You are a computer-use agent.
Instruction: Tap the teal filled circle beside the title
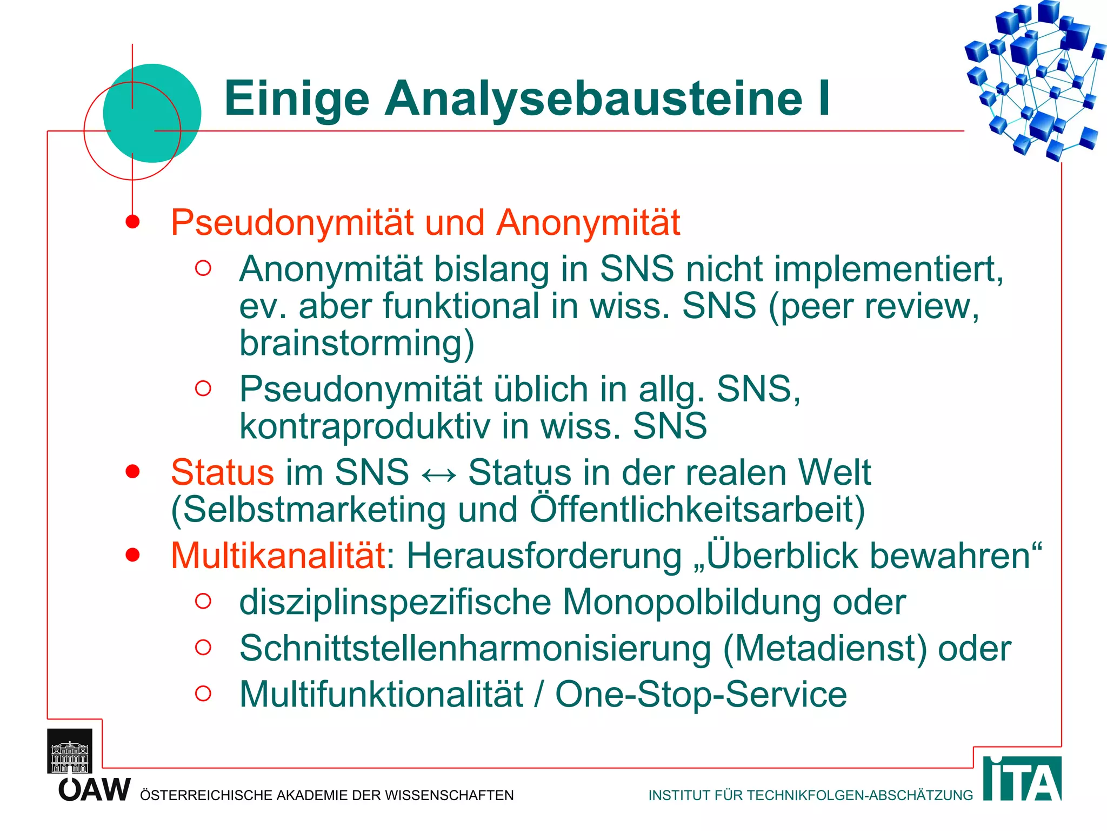pos(152,113)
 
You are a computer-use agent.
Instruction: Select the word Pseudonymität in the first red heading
pos(292,223)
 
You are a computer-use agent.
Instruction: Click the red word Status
pos(222,472)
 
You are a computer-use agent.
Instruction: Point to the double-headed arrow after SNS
pos(438,474)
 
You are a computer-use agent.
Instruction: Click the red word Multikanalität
pos(278,556)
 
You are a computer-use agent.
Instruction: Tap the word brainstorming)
pos(357,344)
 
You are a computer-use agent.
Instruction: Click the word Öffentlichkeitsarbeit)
pos(697,509)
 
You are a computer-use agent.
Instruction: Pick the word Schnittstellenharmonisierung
pos(475,648)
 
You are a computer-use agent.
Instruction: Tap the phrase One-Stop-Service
pos(701,694)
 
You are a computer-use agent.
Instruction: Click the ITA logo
pos(1022,779)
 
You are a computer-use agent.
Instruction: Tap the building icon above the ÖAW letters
pos(70,751)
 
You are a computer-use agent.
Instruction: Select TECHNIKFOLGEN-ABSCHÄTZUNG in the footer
pos(859,795)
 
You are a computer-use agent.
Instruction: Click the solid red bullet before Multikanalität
pos(132,555)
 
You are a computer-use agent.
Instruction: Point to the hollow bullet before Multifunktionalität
pos(203,693)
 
